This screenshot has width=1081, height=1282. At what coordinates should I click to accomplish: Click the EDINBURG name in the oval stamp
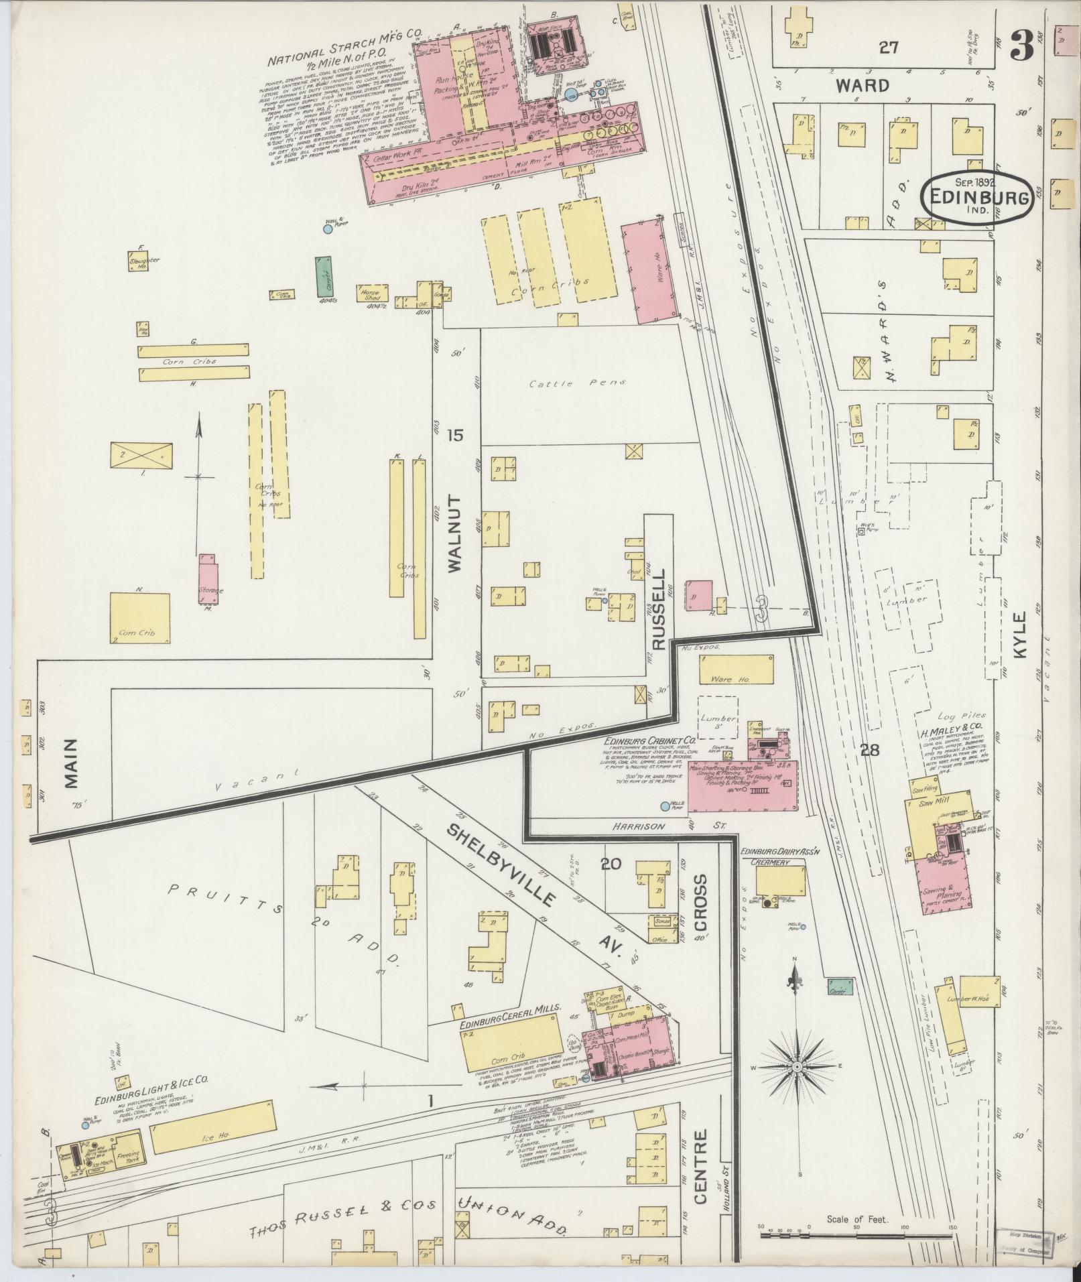click(975, 198)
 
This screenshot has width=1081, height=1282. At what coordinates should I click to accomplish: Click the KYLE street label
click(1020, 634)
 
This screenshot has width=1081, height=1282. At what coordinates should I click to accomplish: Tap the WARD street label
click(863, 86)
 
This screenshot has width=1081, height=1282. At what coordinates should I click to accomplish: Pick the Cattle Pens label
click(577, 383)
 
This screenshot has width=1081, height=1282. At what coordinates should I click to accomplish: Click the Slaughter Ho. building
click(138, 261)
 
